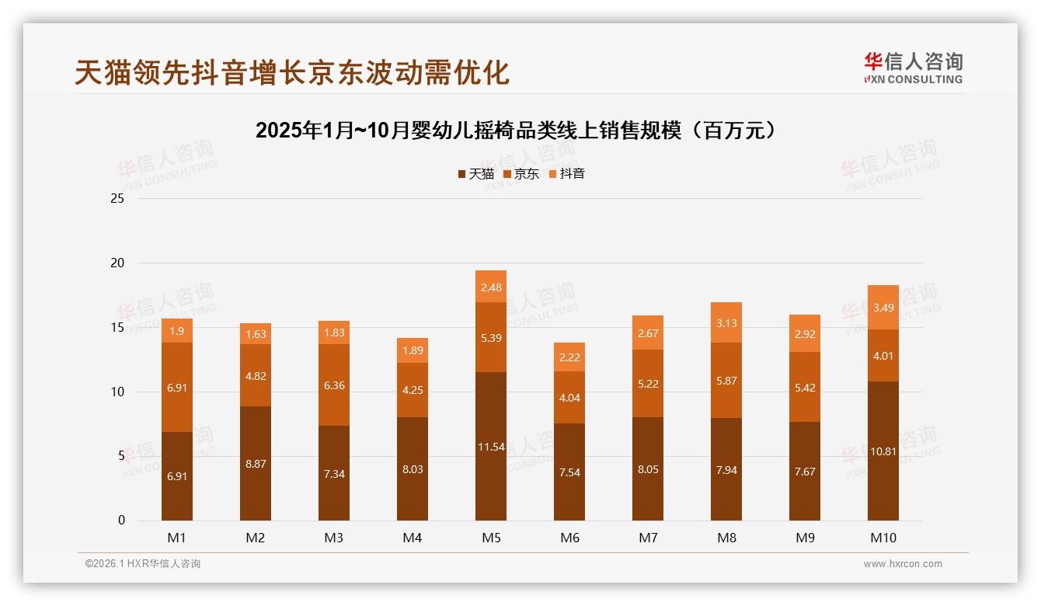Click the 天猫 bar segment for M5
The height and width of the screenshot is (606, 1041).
(491, 446)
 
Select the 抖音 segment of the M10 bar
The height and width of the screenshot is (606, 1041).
(883, 308)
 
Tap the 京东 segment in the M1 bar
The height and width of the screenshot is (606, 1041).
(177, 387)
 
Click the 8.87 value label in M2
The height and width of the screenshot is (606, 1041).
(256, 463)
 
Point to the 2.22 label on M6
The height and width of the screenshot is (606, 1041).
(569, 357)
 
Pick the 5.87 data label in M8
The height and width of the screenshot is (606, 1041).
(726, 381)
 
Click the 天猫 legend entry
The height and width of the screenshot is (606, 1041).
(475, 174)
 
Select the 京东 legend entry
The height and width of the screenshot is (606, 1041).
(521, 174)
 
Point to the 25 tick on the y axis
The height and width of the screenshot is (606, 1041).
(117, 199)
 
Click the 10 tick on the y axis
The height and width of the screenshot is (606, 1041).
(117, 392)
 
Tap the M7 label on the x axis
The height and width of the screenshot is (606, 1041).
(648, 538)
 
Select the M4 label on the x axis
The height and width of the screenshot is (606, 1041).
(413, 538)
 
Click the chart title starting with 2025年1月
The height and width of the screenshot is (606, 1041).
(517, 131)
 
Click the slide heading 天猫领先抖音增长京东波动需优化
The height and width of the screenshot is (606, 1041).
(292, 72)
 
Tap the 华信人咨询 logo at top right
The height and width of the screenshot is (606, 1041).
(913, 68)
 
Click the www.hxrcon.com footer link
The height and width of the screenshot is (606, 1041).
(903, 564)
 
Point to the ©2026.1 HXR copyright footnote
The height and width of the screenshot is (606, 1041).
(143, 564)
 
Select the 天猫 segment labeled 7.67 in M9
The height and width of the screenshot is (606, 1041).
(805, 471)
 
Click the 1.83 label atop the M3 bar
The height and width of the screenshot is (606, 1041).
(334, 333)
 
